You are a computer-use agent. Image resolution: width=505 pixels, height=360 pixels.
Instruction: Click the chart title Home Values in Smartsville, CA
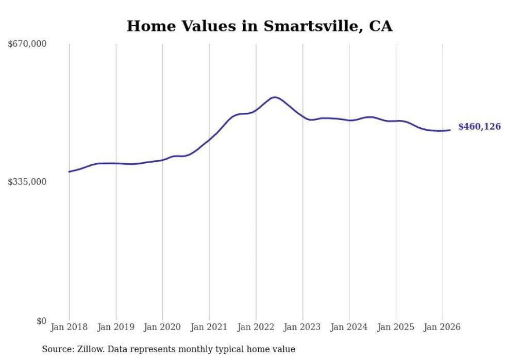click(259, 26)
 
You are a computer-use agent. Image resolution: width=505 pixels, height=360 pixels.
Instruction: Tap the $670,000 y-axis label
click(27, 44)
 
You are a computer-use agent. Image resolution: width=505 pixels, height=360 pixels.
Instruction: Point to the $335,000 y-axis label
click(27, 182)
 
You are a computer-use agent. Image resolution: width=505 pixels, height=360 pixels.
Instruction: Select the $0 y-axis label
click(42, 321)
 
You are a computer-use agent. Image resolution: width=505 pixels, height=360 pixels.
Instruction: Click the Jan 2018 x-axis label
click(69, 327)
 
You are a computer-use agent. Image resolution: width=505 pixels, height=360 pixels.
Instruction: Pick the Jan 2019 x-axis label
click(116, 327)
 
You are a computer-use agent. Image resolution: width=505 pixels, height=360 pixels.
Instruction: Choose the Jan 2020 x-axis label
click(162, 327)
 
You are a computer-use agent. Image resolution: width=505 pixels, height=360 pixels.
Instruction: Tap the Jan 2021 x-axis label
click(209, 327)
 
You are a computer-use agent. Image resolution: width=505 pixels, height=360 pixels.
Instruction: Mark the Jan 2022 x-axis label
click(256, 327)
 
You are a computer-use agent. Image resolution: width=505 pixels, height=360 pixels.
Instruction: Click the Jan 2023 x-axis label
click(302, 327)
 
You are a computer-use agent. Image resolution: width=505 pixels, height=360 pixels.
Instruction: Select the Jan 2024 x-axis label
click(349, 327)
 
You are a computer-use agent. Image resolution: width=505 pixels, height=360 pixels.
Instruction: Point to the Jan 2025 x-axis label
click(396, 327)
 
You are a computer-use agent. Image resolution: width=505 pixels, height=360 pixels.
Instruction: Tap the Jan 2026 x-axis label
click(442, 327)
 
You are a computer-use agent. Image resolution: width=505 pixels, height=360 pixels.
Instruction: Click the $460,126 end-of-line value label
click(479, 127)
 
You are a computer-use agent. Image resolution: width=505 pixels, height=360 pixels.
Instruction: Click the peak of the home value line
click(275, 97)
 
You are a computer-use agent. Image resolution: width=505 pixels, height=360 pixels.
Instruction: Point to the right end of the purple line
click(450, 130)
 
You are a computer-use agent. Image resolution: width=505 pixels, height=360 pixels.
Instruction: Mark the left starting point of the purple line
click(69, 172)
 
